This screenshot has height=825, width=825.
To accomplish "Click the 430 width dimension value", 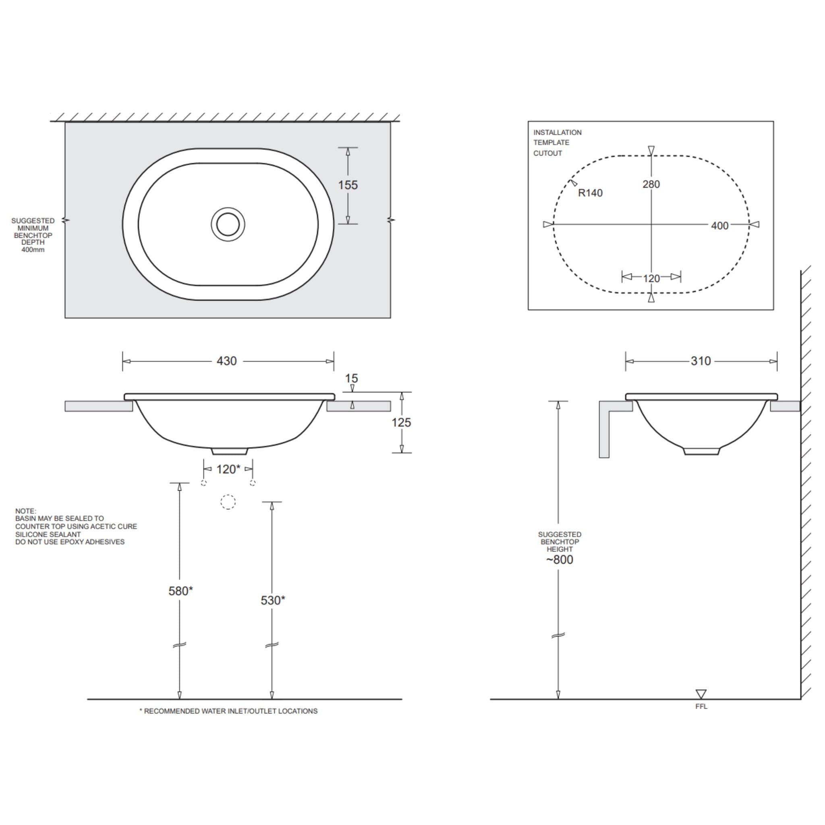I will click(226, 361).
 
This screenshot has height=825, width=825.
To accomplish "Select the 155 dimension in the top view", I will click(348, 185).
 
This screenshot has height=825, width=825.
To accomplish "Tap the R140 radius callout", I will click(590, 193).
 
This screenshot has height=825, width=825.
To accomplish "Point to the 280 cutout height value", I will click(651, 184).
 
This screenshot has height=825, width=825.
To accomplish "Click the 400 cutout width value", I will click(719, 226).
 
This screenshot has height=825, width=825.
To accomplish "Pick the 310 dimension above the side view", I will click(701, 361).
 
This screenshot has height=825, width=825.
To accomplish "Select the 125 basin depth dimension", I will click(401, 422).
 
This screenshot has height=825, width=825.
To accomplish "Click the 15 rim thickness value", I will click(351, 378).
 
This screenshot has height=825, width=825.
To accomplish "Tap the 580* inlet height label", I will click(180, 591).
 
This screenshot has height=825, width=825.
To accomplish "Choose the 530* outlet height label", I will click(272, 600).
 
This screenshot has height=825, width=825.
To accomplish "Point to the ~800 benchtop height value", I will click(560, 560).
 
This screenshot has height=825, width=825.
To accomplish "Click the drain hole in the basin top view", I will click(228, 224).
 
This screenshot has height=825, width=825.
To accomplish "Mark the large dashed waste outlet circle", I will click(228, 502).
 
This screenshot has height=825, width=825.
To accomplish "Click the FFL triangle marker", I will click(701, 694).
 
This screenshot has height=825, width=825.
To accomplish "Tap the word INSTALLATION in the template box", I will click(557, 133).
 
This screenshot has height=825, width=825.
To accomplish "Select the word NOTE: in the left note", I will click(26, 511).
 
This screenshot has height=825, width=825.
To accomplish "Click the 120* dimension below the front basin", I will click(228, 469).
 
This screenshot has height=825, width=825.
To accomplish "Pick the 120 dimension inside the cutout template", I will click(651, 278).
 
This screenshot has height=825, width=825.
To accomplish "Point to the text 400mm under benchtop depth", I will click(33, 249).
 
